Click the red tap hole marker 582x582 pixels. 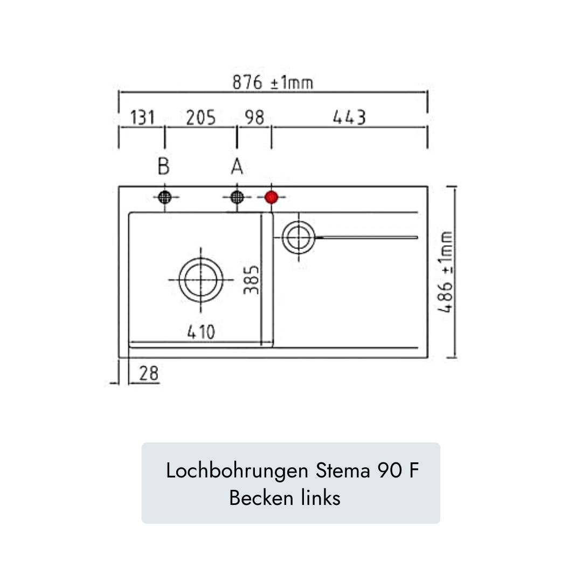[271, 197]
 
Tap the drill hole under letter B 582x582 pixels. [164, 197]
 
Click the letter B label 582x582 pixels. [164, 167]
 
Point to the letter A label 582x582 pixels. [237, 167]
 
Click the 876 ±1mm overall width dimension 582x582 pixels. [273, 82]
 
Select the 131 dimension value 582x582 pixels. [143, 117]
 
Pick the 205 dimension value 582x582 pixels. [201, 117]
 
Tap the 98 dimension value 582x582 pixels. [254, 117]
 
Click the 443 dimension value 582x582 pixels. [349, 117]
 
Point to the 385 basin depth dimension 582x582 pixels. [252, 279]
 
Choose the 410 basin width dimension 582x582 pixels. [201, 332]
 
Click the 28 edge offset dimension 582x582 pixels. [149, 373]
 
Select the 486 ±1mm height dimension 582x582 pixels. [446, 272]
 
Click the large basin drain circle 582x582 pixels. [201, 279]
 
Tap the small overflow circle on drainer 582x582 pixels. [297, 237]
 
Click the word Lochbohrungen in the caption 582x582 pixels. [233, 471]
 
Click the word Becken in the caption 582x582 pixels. [261, 498]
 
